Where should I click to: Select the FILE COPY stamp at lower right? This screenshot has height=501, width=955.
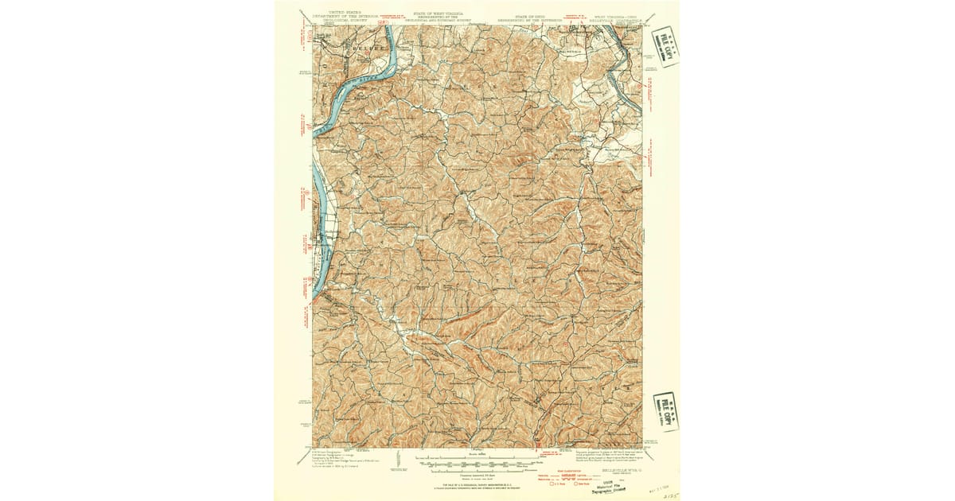pyautogui.click(x=666, y=411)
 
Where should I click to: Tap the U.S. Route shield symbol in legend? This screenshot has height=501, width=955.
pyautogui.click(x=555, y=485)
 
